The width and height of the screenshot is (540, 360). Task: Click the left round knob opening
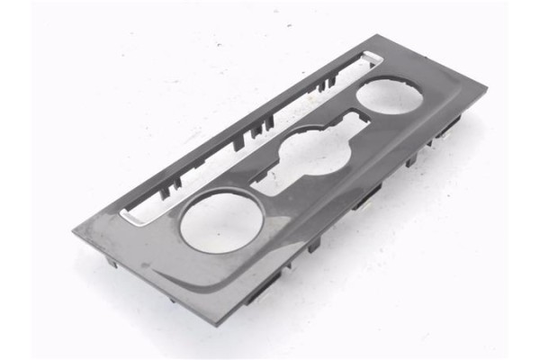coord(221,220)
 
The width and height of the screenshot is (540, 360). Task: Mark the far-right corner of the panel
coord(486,88)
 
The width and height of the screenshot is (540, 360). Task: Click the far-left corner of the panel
coord(75,237)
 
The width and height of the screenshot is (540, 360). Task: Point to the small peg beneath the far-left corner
coord(108,261)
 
